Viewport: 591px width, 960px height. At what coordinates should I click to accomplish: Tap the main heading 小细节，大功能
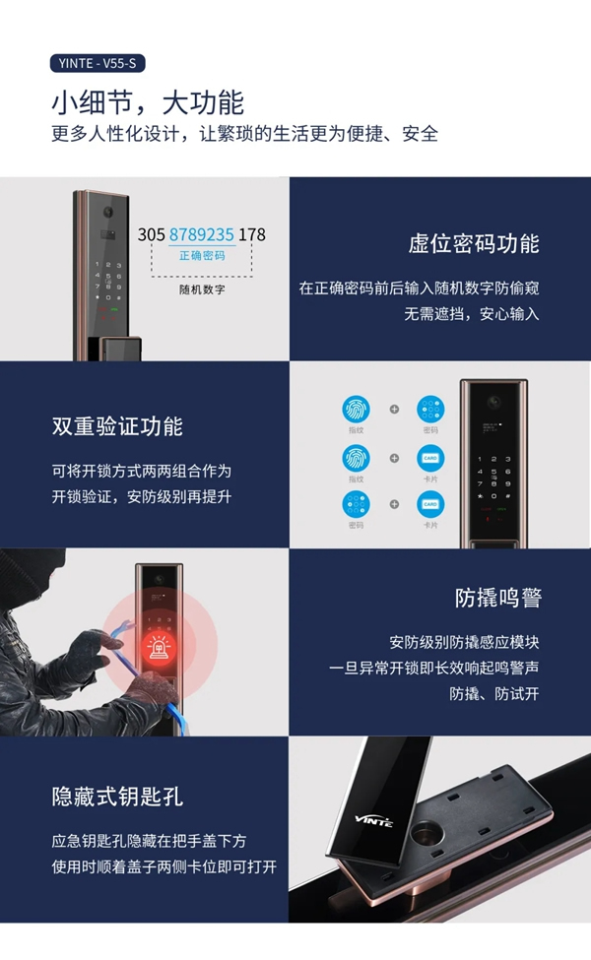(x=148, y=102)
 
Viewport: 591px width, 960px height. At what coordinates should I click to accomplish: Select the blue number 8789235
(x=202, y=235)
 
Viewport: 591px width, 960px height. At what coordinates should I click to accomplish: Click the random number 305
(x=152, y=235)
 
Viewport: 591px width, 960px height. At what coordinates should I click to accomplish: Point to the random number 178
(x=252, y=235)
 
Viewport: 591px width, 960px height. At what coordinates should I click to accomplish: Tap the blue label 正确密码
(x=202, y=256)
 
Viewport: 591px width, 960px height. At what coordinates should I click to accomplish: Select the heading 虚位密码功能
(x=474, y=244)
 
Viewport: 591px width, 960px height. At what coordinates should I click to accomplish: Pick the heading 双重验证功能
(x=117, y=426)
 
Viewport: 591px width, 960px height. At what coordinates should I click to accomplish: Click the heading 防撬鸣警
(x=498, y=599)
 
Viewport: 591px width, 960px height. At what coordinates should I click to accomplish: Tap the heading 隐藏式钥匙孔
(x=117, y=796)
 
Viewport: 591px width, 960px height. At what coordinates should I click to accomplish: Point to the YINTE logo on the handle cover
(x=373, y=820)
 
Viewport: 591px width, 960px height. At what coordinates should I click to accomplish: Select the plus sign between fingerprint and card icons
(x=394, y=458)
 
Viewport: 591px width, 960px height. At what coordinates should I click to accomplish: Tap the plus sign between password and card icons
(x=394, y=504)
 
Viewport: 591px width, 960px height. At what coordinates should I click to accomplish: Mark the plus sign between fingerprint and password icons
(x=394, y=409)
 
